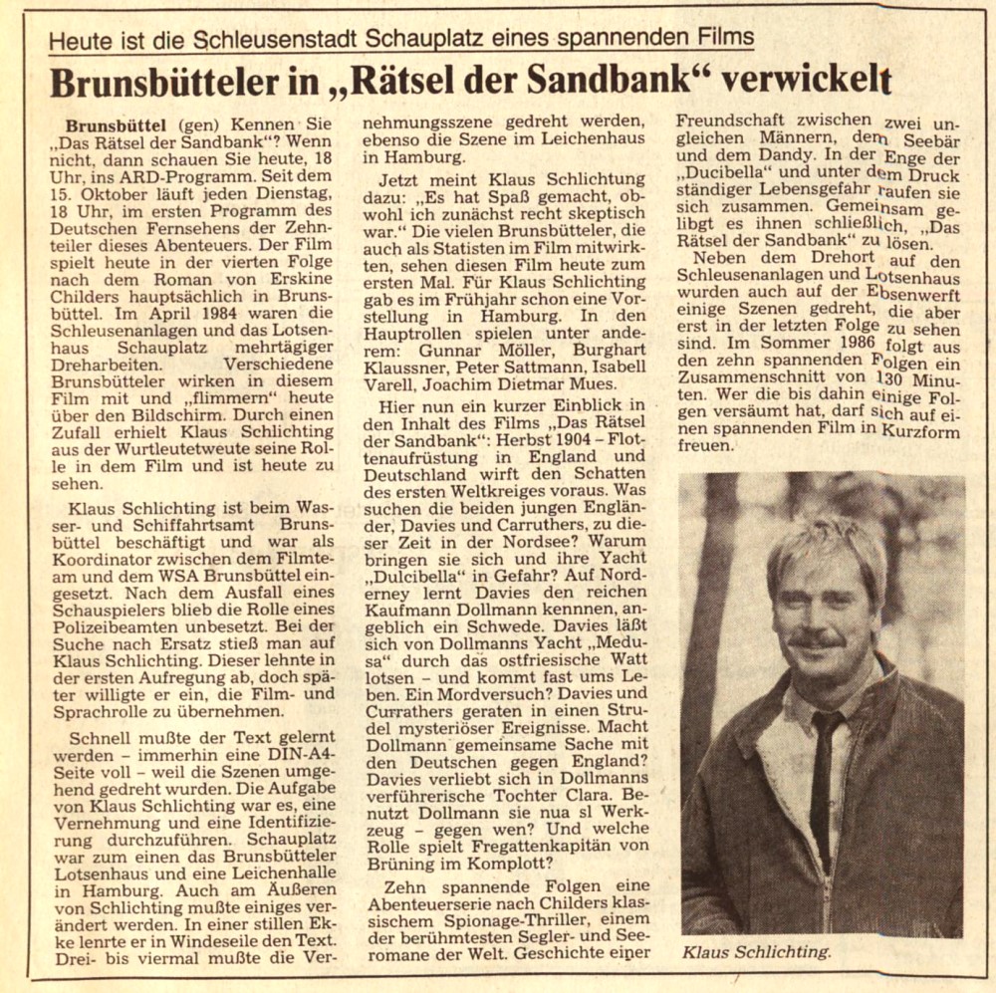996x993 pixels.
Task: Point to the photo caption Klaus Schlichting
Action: [755, 952]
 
